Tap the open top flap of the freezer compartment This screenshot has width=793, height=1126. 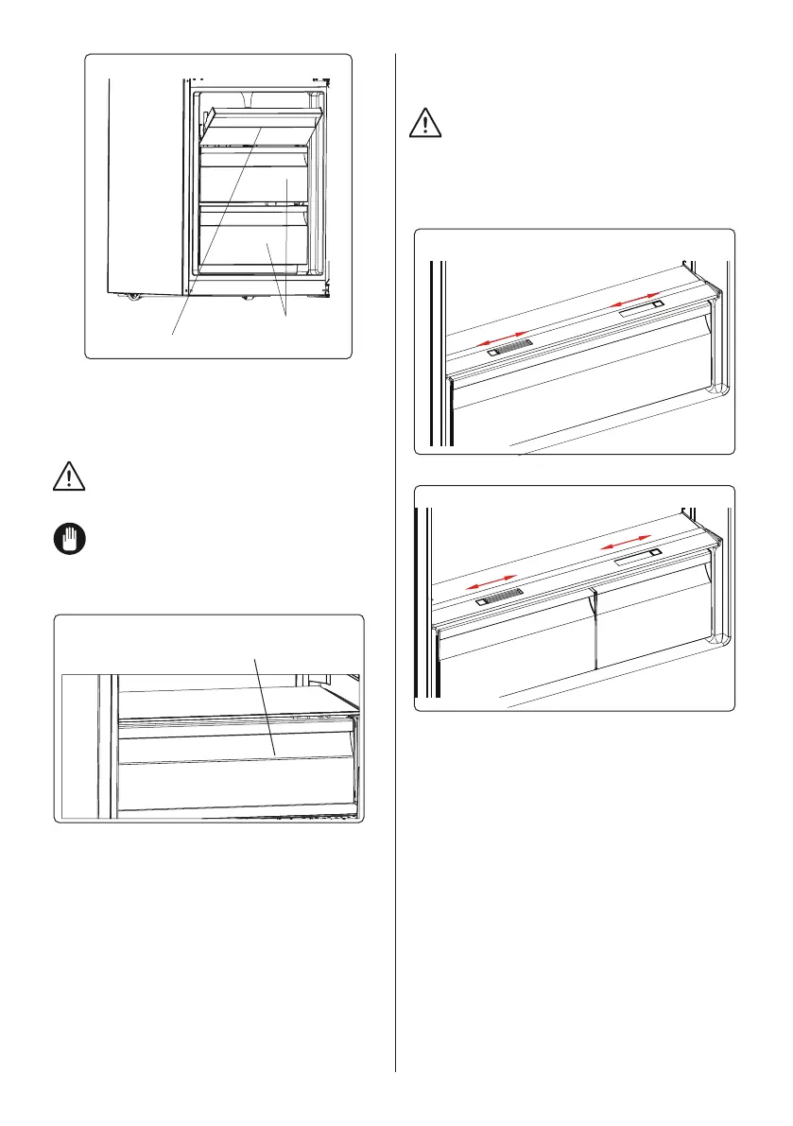click(x=266, y=118)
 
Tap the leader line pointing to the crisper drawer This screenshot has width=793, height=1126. click(x=265, y=704)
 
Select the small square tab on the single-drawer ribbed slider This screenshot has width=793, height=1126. click(x=493, y=353)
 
